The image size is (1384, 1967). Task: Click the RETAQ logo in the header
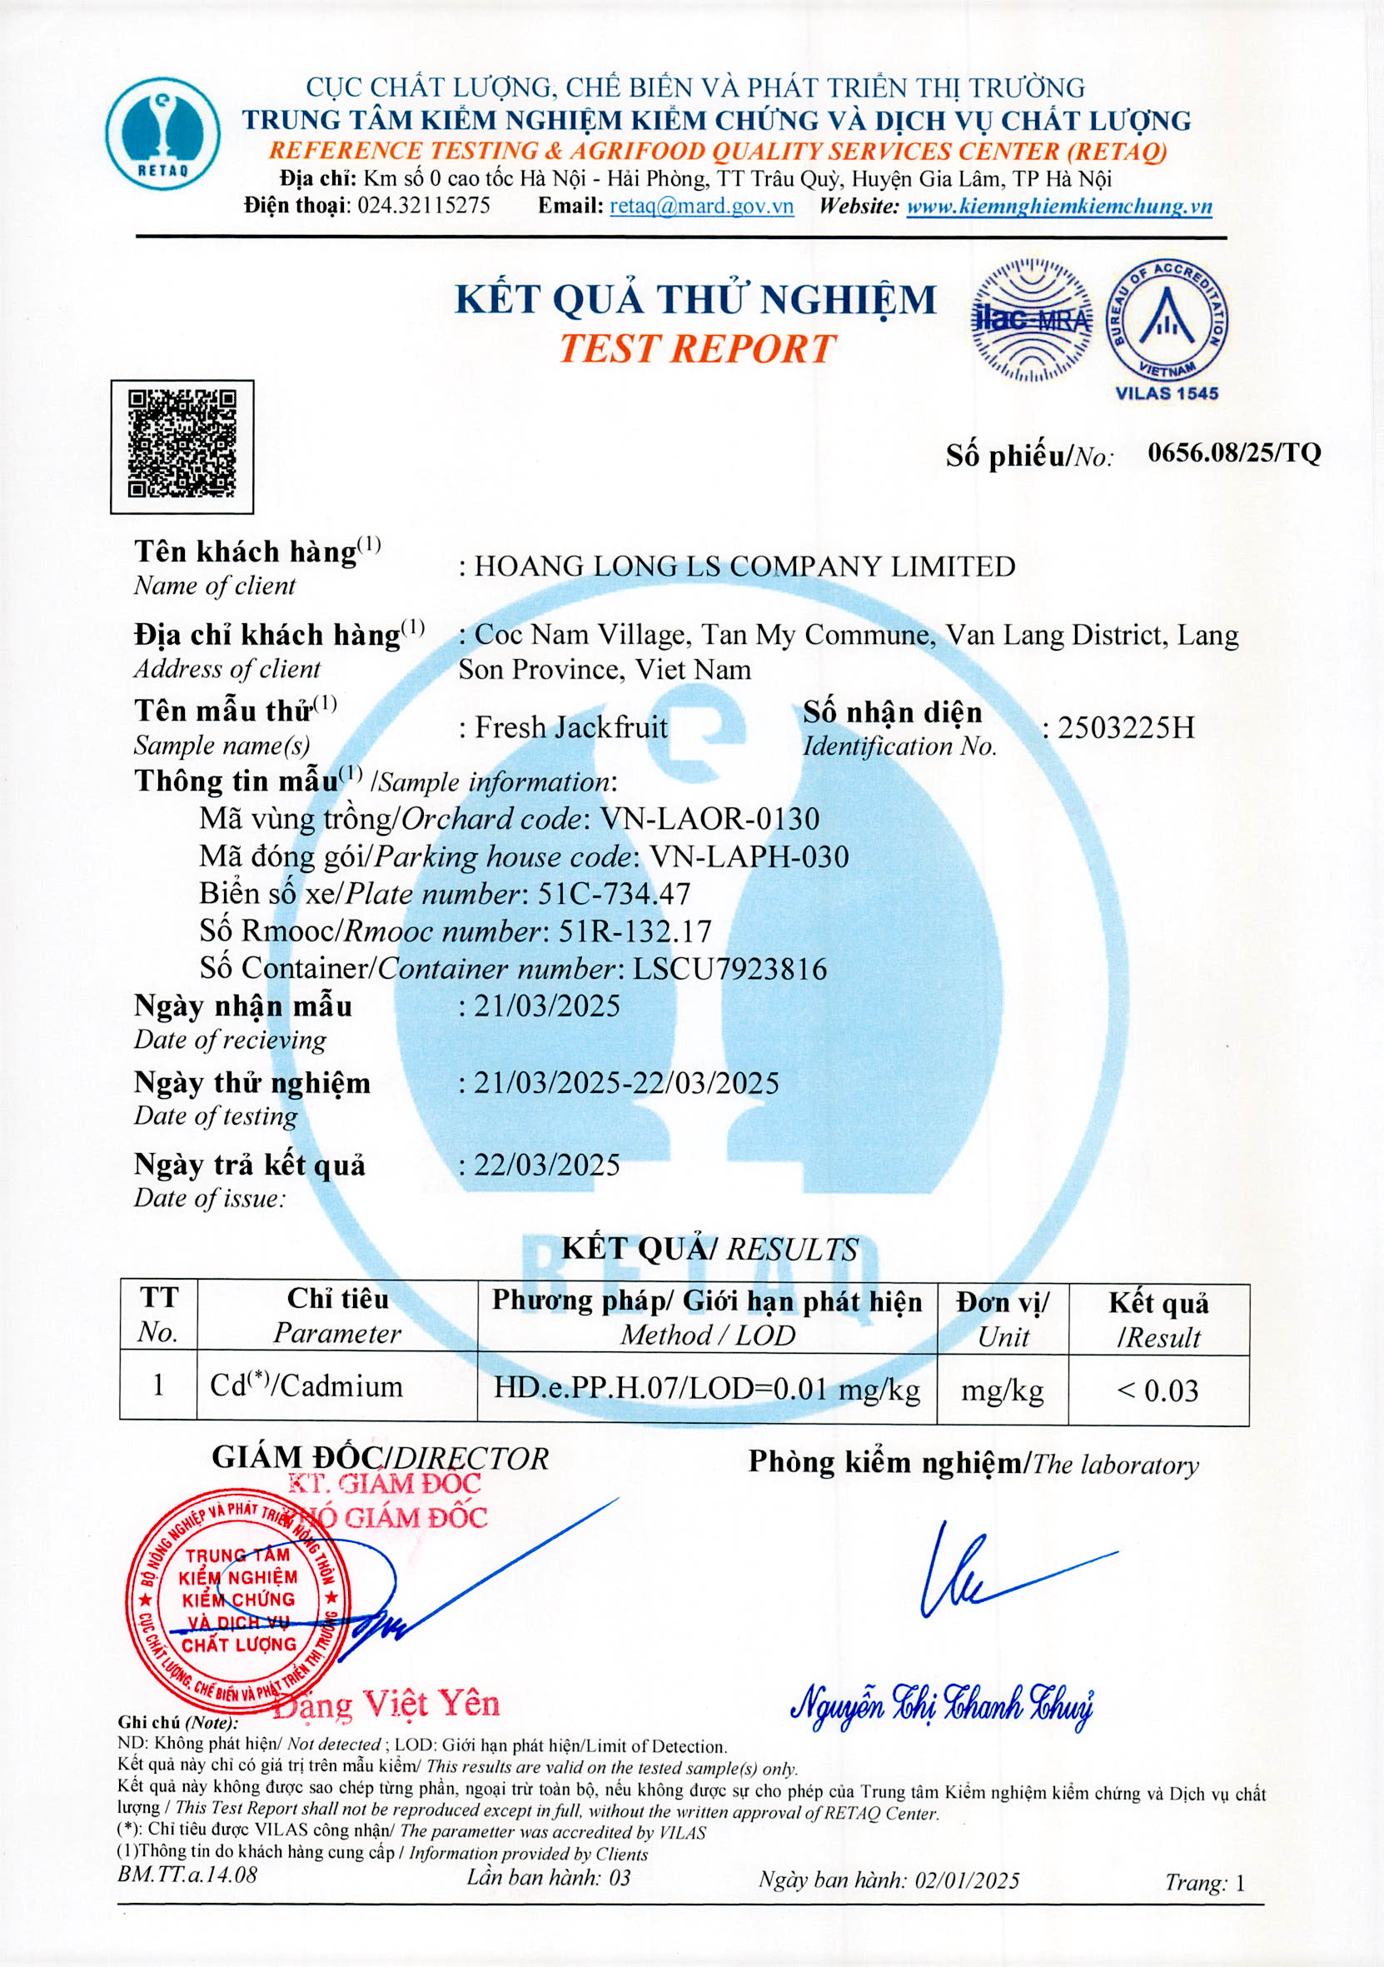[x=162, y=134]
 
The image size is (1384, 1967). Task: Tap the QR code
[x=182, y=446]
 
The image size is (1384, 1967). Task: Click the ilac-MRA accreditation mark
[x=1031, y=320]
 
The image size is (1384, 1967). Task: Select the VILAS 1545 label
[x=1166, y=393]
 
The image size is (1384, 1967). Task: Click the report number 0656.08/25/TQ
[x=1234, y=452]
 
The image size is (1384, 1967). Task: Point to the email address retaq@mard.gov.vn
[x=701, y=206]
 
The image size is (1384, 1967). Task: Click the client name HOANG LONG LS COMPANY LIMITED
[x=744, y=567]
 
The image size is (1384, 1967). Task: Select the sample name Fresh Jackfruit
[x=571, y=727]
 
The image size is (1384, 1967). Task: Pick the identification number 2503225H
[x=1125, y=727]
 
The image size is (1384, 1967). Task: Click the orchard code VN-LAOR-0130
[x=710, y=819]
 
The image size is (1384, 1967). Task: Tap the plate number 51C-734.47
[x=614, y=894]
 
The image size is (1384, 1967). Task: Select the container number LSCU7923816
[x=729, y=968]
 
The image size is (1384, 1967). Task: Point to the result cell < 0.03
[x=1157, y=1390]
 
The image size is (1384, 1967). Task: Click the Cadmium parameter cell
[x=306, y=1386]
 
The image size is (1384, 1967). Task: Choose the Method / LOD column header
[x=708, y=1318]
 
